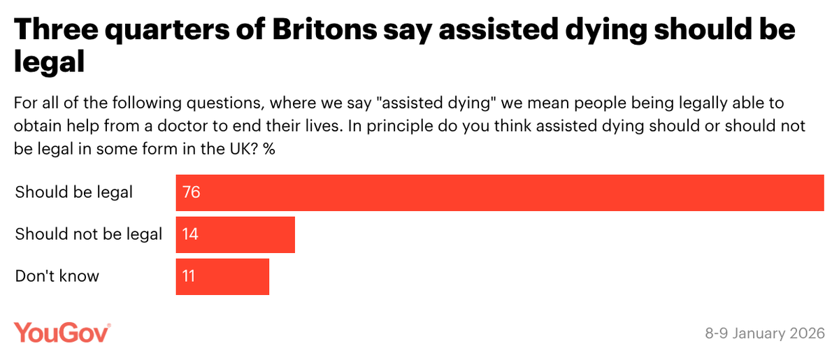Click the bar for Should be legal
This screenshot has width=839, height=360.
tap(499, 192)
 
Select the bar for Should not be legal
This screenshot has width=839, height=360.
tap(235, 234)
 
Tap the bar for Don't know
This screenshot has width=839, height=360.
tap(222, 276)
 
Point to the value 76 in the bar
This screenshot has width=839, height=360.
tap(192, 192)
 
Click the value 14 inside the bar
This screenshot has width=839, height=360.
tap(190, 234)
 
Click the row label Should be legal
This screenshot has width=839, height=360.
tap(74, 192)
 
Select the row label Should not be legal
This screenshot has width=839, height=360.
tap(89, 234)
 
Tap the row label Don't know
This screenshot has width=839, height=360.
tap(57, 276)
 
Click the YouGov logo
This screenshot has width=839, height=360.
tap(62, 333)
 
